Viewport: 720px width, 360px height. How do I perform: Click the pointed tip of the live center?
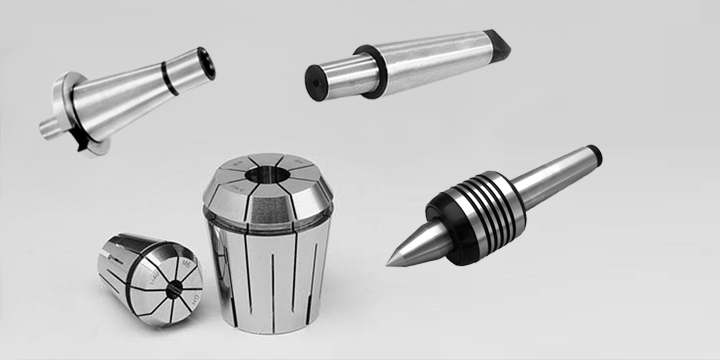coord(391,264)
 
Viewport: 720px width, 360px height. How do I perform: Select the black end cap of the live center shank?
coord(594,154)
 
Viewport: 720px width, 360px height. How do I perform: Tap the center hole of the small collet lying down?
coord(174,289)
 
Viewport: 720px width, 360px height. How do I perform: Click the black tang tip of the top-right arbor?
coord(496,42)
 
